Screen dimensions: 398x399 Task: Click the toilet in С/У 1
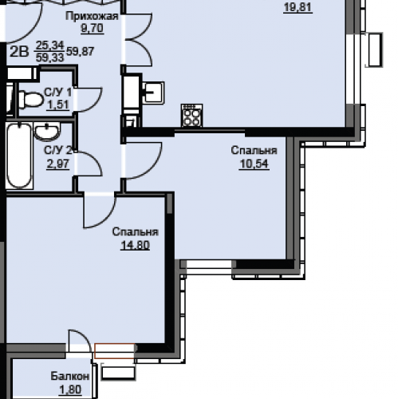[x=30, y=100]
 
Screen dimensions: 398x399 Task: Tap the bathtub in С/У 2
[x=19, y=156]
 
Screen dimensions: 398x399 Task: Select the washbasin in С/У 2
[x=47, y=131]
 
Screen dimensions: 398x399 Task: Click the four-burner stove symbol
[x=191, y=116]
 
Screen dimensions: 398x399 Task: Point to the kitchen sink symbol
[x=153, y=93]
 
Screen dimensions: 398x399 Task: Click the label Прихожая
[x=92, y=16]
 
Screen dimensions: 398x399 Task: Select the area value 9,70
[x=92, y=28]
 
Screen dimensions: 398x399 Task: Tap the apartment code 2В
[x=19, y=51]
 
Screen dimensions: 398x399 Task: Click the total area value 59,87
[x=81, y=51]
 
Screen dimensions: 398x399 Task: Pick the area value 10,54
[x=254, y=164]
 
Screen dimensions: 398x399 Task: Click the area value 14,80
[x=135, y=245]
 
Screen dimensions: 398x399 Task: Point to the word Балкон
[x=70, y=377]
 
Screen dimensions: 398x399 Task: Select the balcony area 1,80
[x=70, y=390]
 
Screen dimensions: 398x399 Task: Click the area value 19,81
[x=298, y=7]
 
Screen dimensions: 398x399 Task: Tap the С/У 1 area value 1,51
[x=58, y=105]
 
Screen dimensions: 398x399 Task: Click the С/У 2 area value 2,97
[x=58, y=164]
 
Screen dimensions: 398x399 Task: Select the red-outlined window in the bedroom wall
[x=115, y=351]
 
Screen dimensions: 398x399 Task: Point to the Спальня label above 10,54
[x=254, y=150]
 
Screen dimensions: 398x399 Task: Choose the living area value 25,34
[x=50, y=45]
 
